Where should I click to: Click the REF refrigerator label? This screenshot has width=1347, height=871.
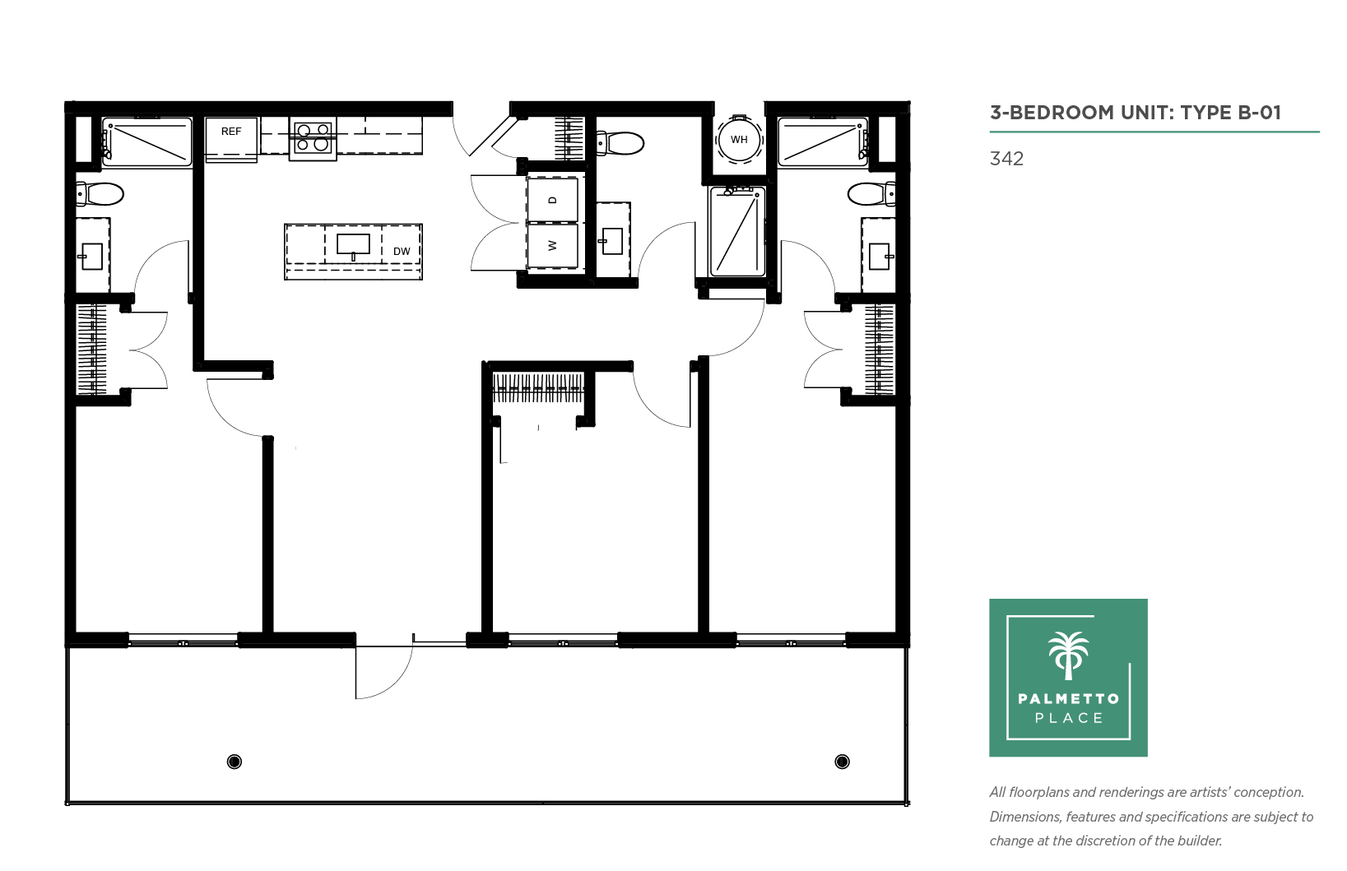[x=231, y=131]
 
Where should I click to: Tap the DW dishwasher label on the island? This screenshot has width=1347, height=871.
[x=402, y=251]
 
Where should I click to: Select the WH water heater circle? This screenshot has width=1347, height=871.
[x=739, y=140]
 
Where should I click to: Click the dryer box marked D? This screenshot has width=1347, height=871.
[x=553, y=200]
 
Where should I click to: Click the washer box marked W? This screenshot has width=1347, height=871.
[x=553, y=246]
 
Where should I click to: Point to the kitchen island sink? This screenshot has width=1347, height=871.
[x=353, y=245]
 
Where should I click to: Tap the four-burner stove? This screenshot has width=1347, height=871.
[x=313, y=138]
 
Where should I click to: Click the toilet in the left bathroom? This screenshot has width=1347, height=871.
[x=100, y=194]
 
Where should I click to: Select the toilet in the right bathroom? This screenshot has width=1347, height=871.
[x=871, y=194]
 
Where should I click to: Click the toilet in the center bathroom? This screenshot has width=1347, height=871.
[x=620, y=143]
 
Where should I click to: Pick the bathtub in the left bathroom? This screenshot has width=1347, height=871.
[x=146, y=141]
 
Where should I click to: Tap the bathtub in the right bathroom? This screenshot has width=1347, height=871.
[x=823, y=141]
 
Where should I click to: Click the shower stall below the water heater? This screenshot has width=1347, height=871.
[x=737, y=231]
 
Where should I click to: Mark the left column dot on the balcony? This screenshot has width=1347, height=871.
[x=235, y=762]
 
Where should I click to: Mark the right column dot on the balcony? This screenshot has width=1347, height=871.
[x=843, y=762]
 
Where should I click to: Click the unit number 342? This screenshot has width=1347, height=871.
[x=1006, y=159]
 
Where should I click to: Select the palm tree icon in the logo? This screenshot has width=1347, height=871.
[x=1069, y=656]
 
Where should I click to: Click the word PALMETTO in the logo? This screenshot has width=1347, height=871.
[x=1069, y=698]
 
